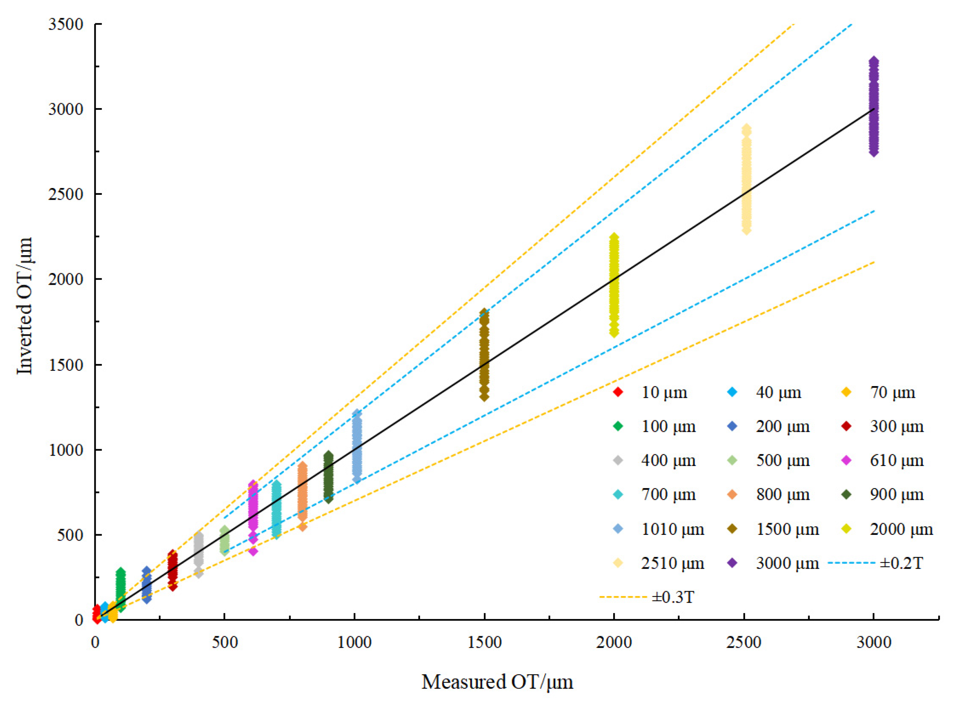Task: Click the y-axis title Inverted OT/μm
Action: point(25,306)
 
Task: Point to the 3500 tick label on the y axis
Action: point(66,24)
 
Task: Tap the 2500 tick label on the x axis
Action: point(744,642)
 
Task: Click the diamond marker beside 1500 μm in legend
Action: point(732,529)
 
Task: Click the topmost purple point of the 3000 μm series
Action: point(874,61)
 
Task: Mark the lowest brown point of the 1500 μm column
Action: point(484,397)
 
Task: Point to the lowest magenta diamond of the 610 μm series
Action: point(253,551)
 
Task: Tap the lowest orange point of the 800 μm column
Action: point(302,526)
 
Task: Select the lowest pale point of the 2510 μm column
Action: point(746,230)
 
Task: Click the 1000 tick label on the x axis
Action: point(354,642)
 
